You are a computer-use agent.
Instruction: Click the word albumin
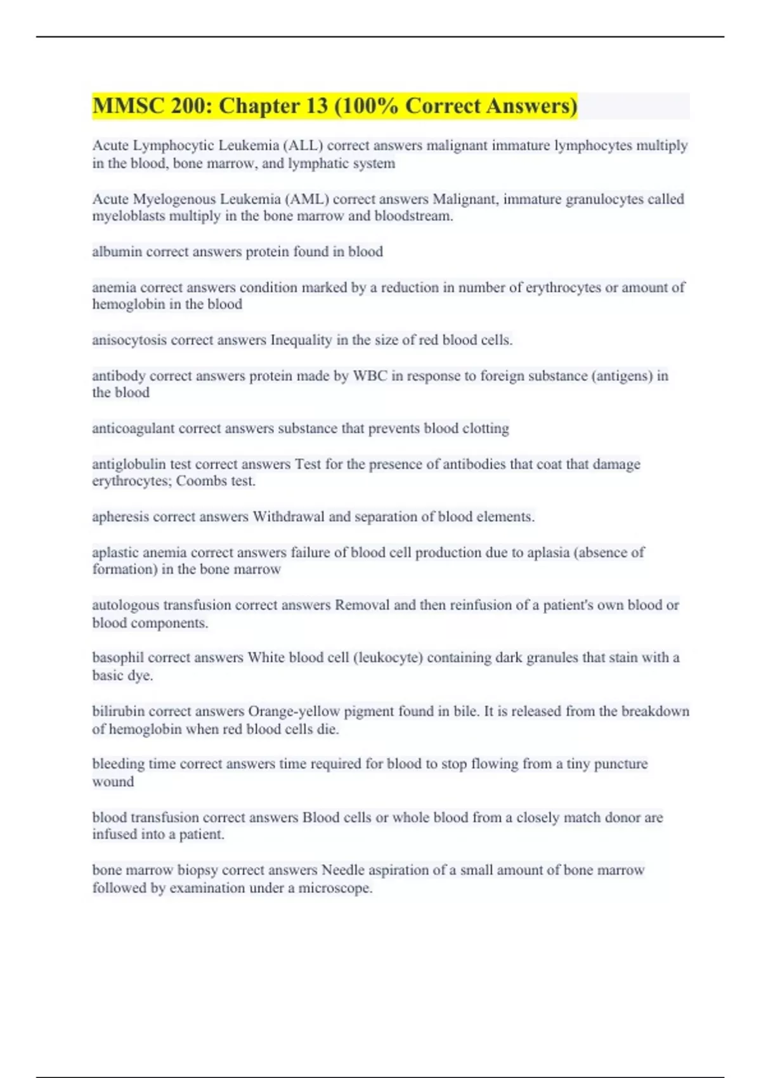coord(117,252)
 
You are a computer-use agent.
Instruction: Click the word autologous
coord(126,605)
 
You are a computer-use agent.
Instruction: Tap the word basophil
coord(118,658)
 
